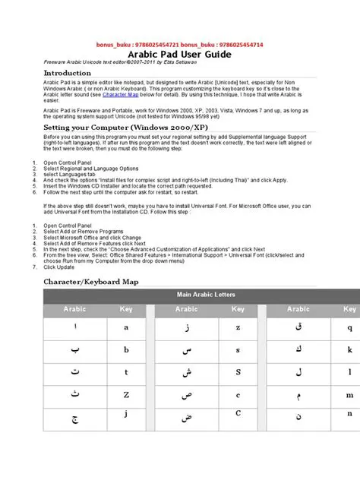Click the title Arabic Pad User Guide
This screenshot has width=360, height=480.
179,55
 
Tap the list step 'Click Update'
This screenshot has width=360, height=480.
59,267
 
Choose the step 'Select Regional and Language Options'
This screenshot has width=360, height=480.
91,168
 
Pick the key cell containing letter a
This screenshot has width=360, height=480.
126,329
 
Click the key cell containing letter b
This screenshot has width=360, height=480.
126,351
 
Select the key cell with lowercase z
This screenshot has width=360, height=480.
238,328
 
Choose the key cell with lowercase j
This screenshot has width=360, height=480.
126,415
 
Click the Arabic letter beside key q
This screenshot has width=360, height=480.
298,328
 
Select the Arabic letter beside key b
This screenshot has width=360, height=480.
74,351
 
